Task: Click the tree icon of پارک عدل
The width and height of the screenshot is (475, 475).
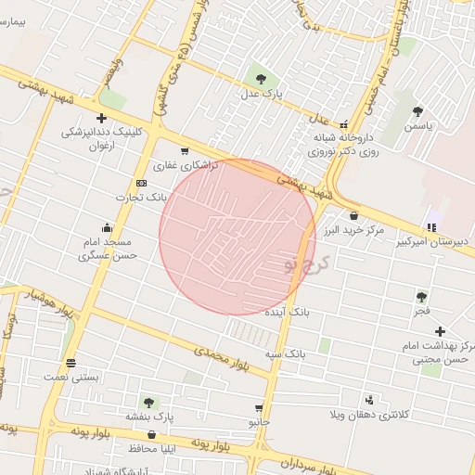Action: (260, 79)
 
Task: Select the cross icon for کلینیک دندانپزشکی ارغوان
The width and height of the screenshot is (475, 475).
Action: (100, 118)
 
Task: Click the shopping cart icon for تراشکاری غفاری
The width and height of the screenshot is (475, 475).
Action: (185, 151)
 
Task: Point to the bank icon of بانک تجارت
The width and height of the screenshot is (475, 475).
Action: (141, 183)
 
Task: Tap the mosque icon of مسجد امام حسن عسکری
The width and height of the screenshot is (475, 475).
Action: (108, 227)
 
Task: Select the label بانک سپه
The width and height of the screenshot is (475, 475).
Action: (284, 354)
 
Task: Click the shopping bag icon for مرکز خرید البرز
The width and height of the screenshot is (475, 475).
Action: (353, 215)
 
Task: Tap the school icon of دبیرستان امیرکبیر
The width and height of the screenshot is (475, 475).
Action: (431, 227)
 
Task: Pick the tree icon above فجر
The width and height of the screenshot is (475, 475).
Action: (422, 297)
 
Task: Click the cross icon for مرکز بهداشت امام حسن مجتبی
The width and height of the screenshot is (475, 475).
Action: (440, 331)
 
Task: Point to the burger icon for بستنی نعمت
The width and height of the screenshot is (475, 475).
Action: (71, 363)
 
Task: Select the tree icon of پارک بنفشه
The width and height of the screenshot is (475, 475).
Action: (148, 403)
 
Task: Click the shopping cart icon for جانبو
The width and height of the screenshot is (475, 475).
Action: (256, 406)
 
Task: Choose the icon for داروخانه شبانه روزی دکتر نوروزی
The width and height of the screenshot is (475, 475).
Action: (343, 123)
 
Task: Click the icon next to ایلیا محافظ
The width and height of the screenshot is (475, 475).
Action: (150, 434)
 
